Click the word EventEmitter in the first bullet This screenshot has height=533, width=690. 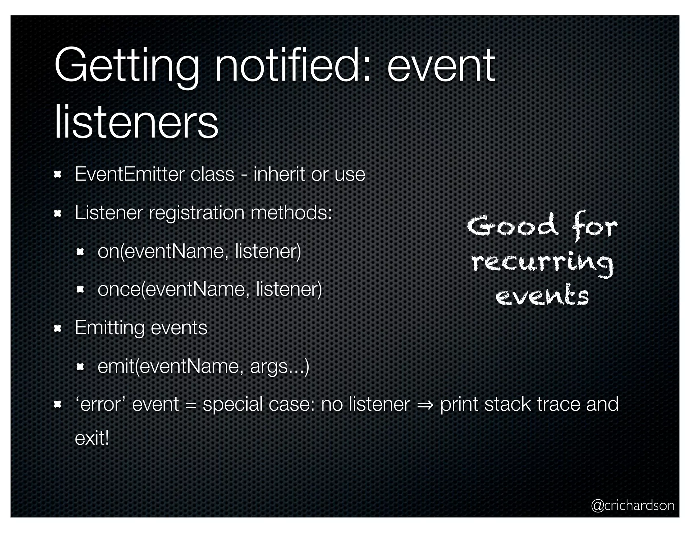(129, 174)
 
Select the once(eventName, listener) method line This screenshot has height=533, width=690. (210, 289)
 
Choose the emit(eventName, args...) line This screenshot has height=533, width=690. (203, 366)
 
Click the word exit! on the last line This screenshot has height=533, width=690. (92, 439)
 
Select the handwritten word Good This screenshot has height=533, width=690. (512, 225)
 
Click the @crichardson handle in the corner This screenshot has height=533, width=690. (632, 506)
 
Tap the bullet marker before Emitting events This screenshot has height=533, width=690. (58, 328)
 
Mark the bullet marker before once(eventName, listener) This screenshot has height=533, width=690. (80, 290)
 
